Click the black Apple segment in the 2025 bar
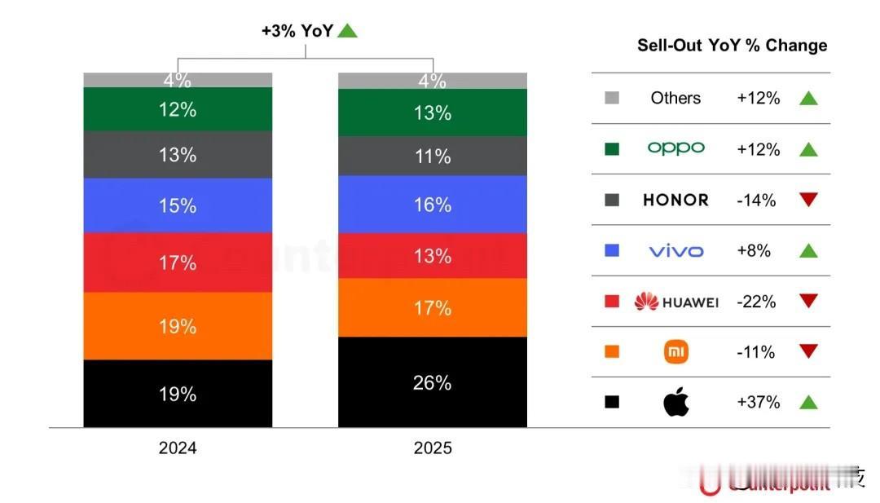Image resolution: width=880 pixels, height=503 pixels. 432,382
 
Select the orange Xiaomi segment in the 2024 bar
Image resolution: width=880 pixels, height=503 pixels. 178,325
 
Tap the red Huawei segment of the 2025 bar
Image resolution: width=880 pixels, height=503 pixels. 432,256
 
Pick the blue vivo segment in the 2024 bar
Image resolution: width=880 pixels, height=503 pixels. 178,205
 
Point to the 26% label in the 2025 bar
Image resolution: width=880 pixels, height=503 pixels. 432,382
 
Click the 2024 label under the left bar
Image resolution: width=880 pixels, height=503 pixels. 178,448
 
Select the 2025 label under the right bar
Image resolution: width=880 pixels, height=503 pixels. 432,448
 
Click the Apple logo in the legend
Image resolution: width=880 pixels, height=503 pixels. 675,402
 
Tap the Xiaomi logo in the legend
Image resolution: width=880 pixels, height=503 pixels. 675,352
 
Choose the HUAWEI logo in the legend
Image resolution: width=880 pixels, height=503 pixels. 675,302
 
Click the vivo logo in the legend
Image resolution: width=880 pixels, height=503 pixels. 675,251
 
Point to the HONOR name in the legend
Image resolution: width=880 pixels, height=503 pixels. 675,200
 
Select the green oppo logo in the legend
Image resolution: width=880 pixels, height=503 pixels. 675,148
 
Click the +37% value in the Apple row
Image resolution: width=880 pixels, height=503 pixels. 758,402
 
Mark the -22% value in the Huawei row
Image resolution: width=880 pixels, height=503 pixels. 757,302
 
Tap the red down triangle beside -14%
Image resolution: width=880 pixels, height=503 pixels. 807,200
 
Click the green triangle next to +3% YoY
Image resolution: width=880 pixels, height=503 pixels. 348,31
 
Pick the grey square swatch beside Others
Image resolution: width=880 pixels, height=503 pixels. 612,98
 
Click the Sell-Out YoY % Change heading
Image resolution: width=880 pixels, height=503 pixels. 732,46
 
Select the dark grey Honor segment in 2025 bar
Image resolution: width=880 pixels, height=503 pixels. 432,156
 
